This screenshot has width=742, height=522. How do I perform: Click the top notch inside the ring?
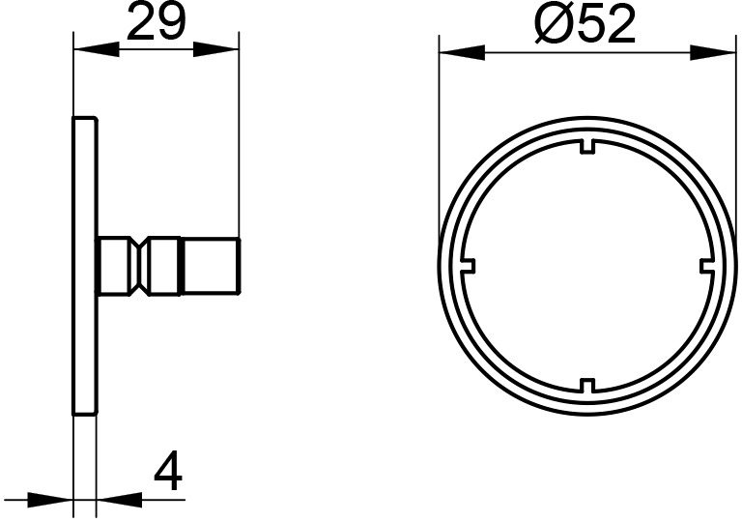coord(587,146)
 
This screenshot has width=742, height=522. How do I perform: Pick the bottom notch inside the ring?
coord(587,386)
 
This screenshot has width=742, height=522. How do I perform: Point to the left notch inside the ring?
coord(468,266)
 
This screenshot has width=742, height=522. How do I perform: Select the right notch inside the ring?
coord(707,266)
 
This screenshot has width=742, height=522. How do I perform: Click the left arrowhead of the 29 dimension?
coord(97,49)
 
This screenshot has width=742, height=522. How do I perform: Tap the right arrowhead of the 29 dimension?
coord(215,49)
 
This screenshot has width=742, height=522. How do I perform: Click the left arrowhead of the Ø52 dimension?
coord(463,52)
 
